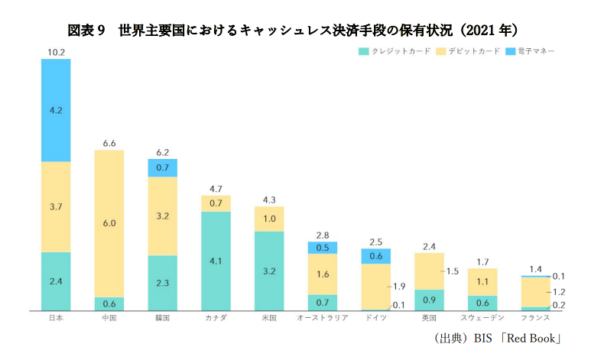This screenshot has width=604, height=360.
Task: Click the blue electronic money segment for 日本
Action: point(56,110)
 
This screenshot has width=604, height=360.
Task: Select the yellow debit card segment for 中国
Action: point(109,223)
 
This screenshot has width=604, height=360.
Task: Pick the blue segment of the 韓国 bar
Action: point(162,167)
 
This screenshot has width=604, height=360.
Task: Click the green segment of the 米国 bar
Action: point(269,271)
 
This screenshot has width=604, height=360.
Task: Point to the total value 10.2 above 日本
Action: point(56,52)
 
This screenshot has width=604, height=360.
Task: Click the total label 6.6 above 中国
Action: point(109,143)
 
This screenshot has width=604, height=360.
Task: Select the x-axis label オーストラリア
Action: point(322,318)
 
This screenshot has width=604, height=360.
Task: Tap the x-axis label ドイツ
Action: point(375,318)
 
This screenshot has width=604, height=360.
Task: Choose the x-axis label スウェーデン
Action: point(482,318)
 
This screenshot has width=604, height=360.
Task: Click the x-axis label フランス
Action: point(535,318)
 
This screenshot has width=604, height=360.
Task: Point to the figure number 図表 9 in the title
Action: point(86,30)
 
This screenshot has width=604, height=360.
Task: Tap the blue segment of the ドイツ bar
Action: point(375,256)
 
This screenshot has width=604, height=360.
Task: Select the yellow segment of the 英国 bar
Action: point(429,271)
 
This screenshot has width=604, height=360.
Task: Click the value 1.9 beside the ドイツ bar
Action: point(399,287)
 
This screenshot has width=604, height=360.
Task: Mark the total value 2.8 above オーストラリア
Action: point(322,235)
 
